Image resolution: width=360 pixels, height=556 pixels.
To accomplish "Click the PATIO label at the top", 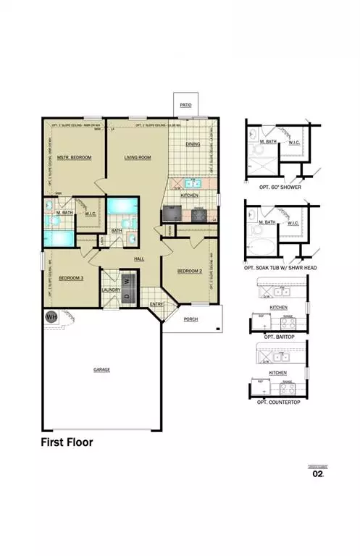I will (x=185, y=105).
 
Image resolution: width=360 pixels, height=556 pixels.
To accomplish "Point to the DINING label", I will (x=193, y=144).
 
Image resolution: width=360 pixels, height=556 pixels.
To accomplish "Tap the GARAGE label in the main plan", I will (x=101, y=369).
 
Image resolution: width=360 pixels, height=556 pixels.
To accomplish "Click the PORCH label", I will (x=191, y=319).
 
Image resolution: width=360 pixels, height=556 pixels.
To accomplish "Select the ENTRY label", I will (x=156, y=304).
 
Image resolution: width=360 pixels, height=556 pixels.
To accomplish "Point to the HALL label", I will (x=141, y=258).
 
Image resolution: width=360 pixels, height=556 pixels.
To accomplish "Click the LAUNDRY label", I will (x=111, y=290).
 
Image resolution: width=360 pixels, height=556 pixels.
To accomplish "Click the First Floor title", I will (x=67, y=441).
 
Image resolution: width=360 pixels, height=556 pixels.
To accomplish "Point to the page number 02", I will (x=317, y=474).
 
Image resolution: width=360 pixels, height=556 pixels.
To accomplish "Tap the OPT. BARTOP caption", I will (x=278, y=337).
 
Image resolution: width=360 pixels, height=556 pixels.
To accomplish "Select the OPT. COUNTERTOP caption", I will (x=279, y=400).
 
